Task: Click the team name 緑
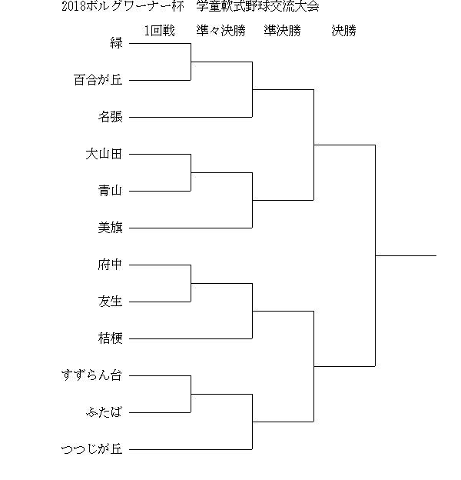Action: pyautogui.click(x=117, y=43)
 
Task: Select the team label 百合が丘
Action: pyautogui.click(x=98, y=80)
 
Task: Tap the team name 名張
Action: pyautogui.click(x=111, y=117)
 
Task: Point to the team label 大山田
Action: pyautogui.click(x=104, y=154)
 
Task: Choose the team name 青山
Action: pyautogui.click(x=111, y=191)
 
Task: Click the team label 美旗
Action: pyautogui.click(x=111, y=228)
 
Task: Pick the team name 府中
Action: pyautogui.click(x=111, y=265)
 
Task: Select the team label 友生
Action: pyautogui.click(x=111, y=302)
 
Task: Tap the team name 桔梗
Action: pyautogui.click(x=111, y=338)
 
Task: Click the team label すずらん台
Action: pyautogui.click(x=92, y=375)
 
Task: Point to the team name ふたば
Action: pyautogui.click(x=104, y=412)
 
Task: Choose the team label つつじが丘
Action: pyautogui.click(x=92, y=449)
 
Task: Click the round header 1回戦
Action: pyautogui.click(x=160, y=31)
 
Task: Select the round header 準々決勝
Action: pyautogui.click(x=221, y=31)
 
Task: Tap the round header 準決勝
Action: pyautogui.click(x=283, y=31)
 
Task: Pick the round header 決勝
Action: pyautogui.click(x=344, y=31)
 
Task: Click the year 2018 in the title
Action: pyautogui.click(x=74, y=6)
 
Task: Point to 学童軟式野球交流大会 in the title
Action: pyautogui.click(x=258, y=6)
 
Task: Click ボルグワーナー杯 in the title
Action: pyautogui.click(x=135, y=6)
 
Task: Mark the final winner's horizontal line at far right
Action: pyautogui.click(x=406, y=255)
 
